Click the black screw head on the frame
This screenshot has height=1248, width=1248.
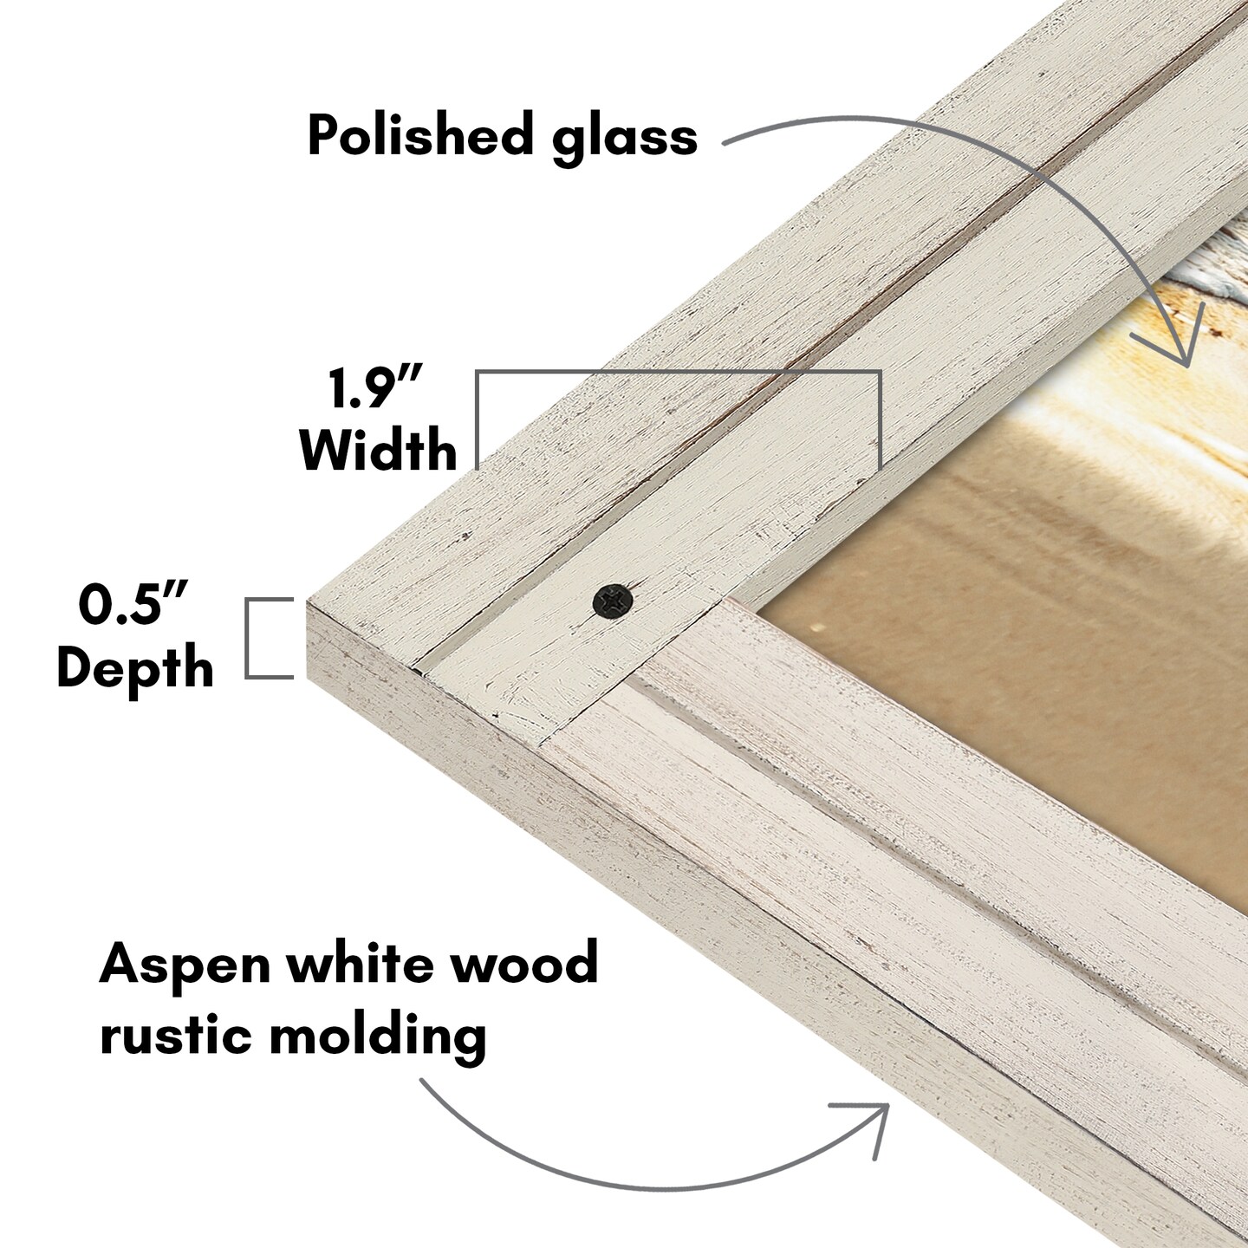tap(613, 600)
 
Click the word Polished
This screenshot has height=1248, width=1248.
tap(419, 136)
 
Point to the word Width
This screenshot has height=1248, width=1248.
tap(378, 450)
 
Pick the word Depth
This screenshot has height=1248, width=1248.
tap(135, 668)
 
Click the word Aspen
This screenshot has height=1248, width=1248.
tap(185, 965)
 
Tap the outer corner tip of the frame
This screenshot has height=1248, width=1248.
tap(309, 598)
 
